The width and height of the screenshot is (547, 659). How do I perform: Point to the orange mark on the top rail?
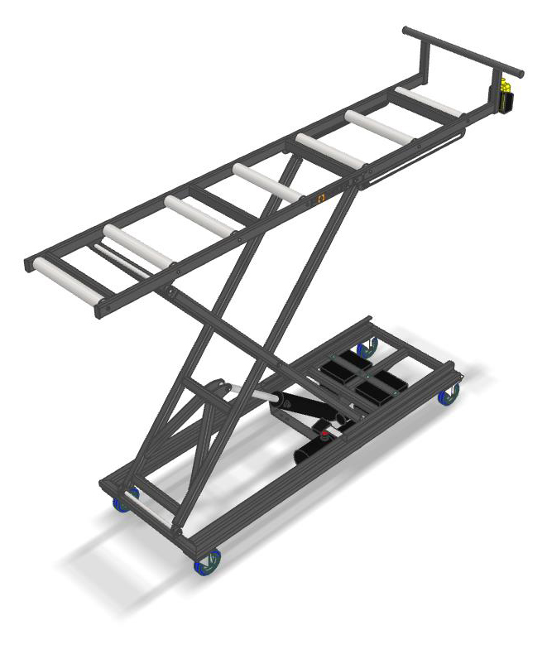[x=323, y=198]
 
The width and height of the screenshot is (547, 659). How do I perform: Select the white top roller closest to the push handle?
[x=427, y=102]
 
